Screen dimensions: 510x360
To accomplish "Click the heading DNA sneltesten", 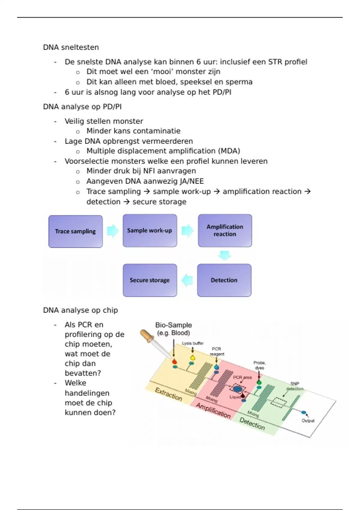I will click(71, 47).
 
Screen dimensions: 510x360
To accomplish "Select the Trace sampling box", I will click(75, 231).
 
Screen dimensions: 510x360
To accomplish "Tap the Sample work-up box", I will click(150, 230).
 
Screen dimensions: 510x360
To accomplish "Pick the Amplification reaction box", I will click(225, 230).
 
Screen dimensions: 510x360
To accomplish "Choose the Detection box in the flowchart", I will click(224, 280).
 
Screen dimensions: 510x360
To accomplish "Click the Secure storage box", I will click(150, 280).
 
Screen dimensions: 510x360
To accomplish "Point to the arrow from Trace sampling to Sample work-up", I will click(113, 231).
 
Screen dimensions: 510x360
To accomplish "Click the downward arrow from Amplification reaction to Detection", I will click(225, 255).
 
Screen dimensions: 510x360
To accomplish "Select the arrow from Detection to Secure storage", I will click(187, 280).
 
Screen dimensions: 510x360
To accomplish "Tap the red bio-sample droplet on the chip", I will click(174, 362).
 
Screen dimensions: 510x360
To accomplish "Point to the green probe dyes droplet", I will click(259, 382).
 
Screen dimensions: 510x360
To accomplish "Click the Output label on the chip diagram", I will click(308, 421).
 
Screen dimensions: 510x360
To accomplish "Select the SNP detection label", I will click(295, 386).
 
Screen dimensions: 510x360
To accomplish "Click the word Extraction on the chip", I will click(168, 394).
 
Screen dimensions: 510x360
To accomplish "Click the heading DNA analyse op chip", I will click(80, 310).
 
